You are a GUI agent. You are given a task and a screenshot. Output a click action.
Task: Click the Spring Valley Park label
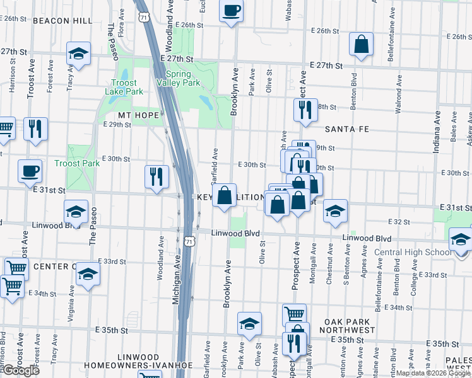179,78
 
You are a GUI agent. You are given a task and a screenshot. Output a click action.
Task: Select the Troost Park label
77,163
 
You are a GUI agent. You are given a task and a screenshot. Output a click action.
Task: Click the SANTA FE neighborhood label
345,129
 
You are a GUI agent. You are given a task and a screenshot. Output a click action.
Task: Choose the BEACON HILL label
62,21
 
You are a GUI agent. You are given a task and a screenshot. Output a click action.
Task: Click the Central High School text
412,253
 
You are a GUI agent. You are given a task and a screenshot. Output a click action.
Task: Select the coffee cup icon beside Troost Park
30,171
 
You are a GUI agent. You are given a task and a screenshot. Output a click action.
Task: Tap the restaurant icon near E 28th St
305,110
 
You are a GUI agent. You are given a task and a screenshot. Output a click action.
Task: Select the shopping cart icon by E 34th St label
12,287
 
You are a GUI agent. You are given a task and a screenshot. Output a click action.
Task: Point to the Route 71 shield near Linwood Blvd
191,239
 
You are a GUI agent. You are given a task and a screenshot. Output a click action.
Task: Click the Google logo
20,370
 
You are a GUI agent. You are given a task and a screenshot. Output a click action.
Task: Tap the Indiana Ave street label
437,133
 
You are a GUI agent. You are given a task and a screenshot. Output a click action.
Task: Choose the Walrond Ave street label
398,94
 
